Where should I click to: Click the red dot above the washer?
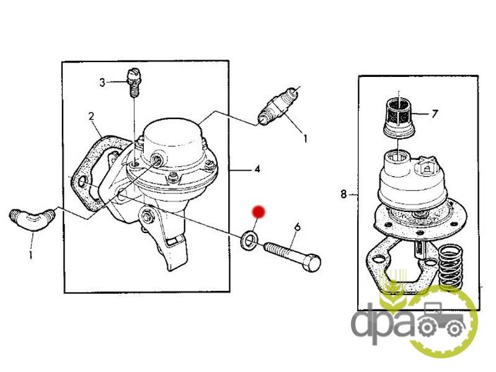tap(259, 211)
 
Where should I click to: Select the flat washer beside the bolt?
tap(249, 239)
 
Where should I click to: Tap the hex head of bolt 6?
tap(312, 262)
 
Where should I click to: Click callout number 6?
tap(297, 227)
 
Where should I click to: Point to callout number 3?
tap(102, 82)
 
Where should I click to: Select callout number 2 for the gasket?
tap(91, 116)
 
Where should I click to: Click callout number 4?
tap(257, 169)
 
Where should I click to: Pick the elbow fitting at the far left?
tap(32, 219)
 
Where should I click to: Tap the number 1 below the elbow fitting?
tap(30, 255)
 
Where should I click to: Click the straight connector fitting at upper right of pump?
tap(278, 106)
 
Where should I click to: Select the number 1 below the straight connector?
tap(305, 138)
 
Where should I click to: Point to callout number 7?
tap(435, 113)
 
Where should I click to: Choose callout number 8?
tap(344, 193)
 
